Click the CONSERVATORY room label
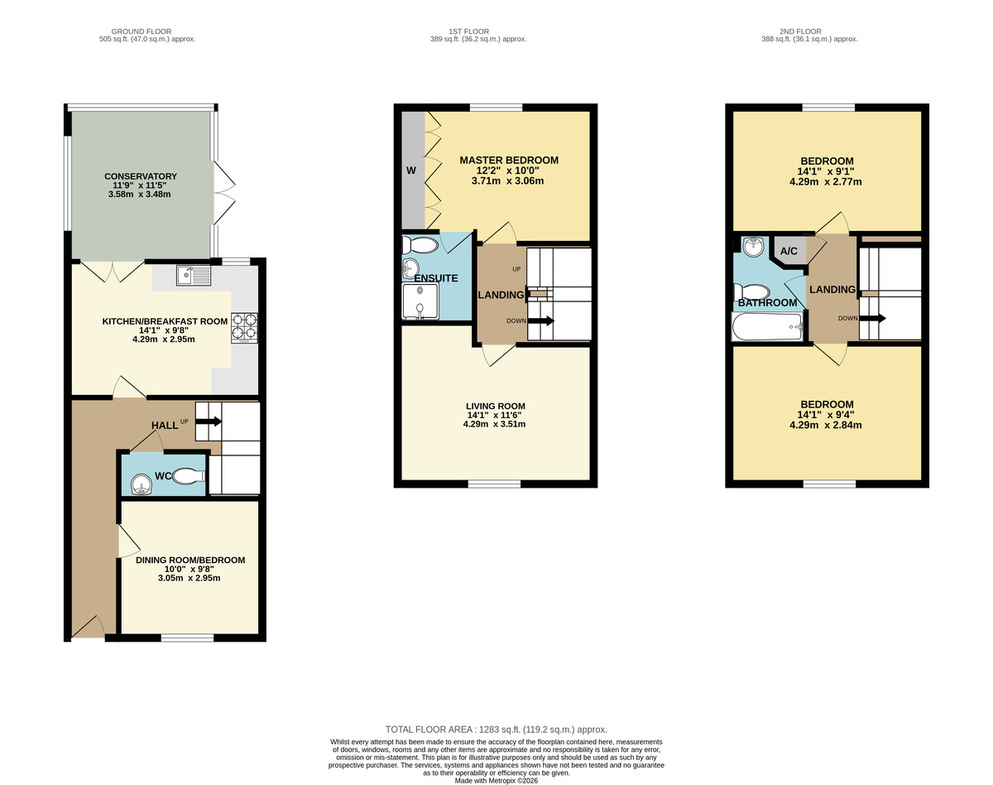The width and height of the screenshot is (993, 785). coord(141,176)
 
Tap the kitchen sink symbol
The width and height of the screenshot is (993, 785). coord(194,273)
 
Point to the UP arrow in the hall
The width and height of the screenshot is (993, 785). coord(208,421)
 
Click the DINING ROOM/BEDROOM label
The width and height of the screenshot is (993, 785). coord(190,560)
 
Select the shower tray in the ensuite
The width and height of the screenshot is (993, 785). coord(421,302)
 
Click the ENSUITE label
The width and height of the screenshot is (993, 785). coord(436,278)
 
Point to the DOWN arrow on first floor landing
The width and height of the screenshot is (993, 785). coord(539,321)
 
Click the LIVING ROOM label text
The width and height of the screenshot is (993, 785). coord(495,406)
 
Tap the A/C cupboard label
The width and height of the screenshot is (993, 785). coord(789,252)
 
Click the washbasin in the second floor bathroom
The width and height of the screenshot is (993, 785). coord(752,246)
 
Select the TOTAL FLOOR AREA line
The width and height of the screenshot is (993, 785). coord(496,730)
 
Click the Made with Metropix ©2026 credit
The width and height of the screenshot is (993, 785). coord(496,780)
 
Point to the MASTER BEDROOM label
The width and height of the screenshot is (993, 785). coord(509,160)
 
